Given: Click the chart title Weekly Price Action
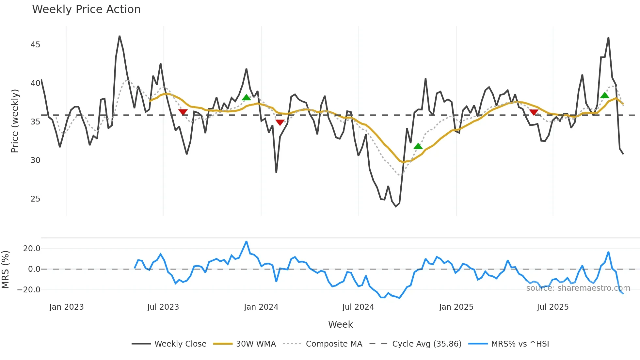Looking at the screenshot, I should [86, 9].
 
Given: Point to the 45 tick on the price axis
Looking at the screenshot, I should [35, 45].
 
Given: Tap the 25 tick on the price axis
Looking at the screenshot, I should [35, 199].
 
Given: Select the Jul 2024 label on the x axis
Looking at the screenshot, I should [358, 307].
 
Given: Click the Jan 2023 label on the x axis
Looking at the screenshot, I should [67, 307].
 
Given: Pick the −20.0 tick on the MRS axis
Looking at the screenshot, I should [29, 290].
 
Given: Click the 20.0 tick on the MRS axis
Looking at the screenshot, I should [32, 249].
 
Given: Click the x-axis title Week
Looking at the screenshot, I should [340, 324].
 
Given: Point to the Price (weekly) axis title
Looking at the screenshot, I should [15, 121].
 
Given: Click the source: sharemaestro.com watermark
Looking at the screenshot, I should [578, 288].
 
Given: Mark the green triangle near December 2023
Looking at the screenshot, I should [247, 97].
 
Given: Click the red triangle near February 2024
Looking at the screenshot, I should [280, 122].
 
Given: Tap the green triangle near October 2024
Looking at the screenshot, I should [418, 146].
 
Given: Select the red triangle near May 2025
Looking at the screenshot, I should [534, 112].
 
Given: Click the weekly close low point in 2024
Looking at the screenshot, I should [396, 206].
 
